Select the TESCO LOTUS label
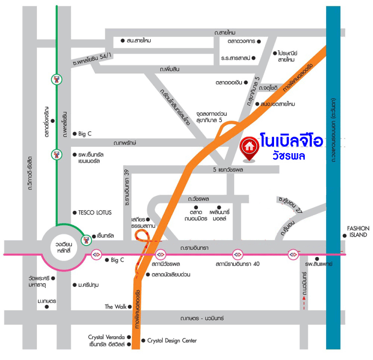94,212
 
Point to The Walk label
115,307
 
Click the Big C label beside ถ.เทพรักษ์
85,134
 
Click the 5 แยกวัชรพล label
239,170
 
